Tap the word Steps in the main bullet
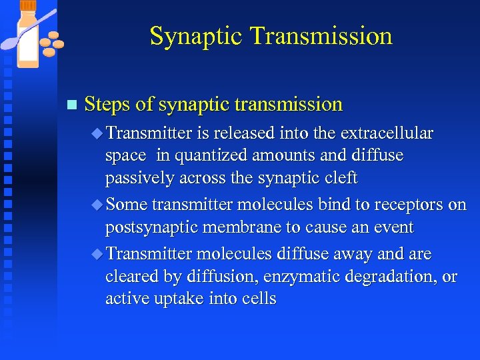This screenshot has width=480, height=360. pyautogui.click(x=108, y=104)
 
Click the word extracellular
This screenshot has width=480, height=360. pyautogui.click(x=387, y=134)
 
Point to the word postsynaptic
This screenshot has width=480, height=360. pyautogui.click(x=152, y=227)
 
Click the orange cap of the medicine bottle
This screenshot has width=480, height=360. pyautogui.click(x=28, y=5)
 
